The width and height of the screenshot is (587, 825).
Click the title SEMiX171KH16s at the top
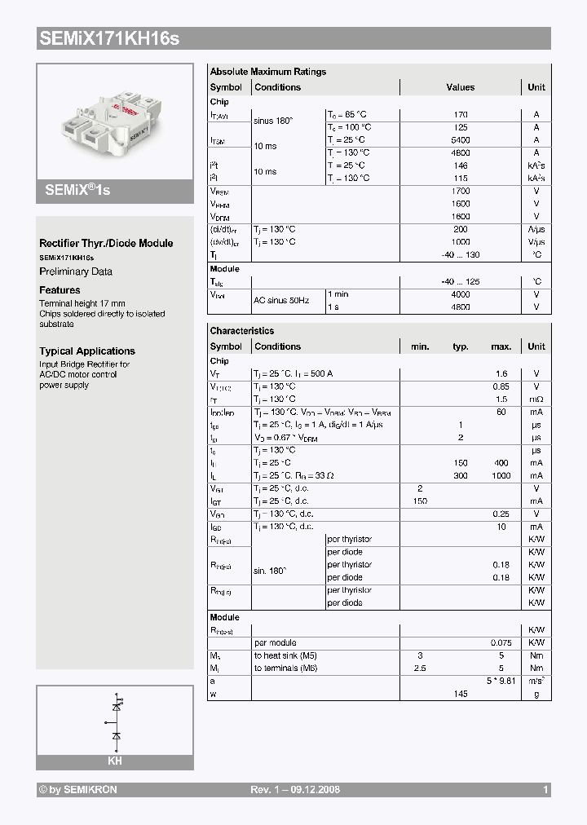tap(108, 37)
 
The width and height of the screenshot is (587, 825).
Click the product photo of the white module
tap(114, 122)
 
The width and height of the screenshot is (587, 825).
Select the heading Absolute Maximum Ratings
tap(267, 72)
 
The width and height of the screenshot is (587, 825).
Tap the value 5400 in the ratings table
tap(461, 140)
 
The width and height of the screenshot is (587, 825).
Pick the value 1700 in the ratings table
tap(461, 192)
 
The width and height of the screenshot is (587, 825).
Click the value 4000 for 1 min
tap(461, 293)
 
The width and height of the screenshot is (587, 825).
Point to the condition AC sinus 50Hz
tap(281, 300)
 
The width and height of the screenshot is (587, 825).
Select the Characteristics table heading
tap(242, 331)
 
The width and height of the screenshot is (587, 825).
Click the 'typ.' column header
tap(461, 346)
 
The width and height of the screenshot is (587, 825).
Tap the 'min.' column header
tap(420, 346)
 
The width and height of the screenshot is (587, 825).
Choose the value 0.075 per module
tap(501, 642)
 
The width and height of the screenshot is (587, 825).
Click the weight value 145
tap(461, 693)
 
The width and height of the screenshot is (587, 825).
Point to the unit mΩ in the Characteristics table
tap(536, 399)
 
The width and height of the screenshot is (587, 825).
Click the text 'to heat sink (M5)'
tap(285, 655)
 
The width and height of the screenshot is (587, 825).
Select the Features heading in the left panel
tap(60, 290)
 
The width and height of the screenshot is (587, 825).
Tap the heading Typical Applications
tap(87, 351)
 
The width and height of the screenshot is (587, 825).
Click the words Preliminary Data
tap(76, 271)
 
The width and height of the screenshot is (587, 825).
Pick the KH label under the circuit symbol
tap(115, 761)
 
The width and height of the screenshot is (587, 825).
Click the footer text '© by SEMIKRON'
tap(77, 790)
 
